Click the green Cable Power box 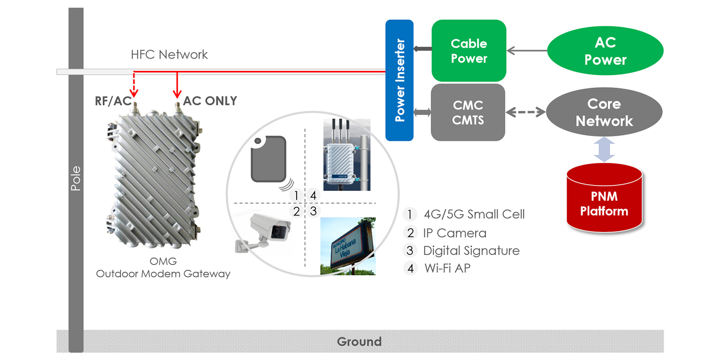pyautogui.click(x=468, y=50)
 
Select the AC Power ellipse pyautogui.click(x=605, y=50)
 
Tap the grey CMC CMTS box pyautogui.click(x=468, y=112)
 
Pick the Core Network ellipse pyautogui.click(x=604, y=112)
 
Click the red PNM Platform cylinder pyautogui.click(x=604, y=200)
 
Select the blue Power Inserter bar pyautogui.click(x=399, y=80)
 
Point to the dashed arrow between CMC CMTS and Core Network pyautogui.click(x=525, y=112)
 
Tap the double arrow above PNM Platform pyautogui.click(x=604, y=150)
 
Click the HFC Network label pyautogui.click(x=169, y=55)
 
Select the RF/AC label pyautogui.click(x=113, y=101)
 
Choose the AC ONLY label pyautogui.click(x=210, y=101)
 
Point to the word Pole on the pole pyautogui.click(x=76, y=178)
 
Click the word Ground pyautogui.click(x=359, y=341)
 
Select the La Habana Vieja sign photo pyautogui.click(x=348, y=246)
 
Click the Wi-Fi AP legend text pyautogui.click(x=447, y=268)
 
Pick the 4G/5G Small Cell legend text pyautogui.click(x=474, y=214)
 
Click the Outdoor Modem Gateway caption pyautogui.click(x=163, y=274)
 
